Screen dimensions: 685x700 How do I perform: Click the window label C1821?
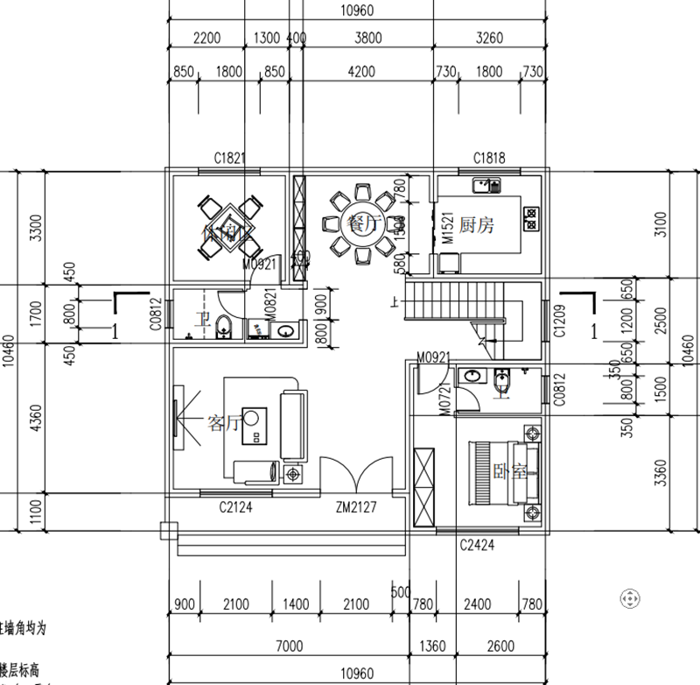tap(230, 159)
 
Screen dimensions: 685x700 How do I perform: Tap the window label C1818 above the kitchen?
tap(490, 159)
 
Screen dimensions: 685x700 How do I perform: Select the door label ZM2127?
tap(356, 506)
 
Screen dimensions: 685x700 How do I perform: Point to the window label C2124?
tap(235, 506)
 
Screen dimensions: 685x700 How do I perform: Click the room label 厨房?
tap(476, 225)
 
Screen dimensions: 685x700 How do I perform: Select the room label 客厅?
tap(222, 424)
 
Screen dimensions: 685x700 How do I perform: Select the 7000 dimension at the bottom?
tap(288, 646)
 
